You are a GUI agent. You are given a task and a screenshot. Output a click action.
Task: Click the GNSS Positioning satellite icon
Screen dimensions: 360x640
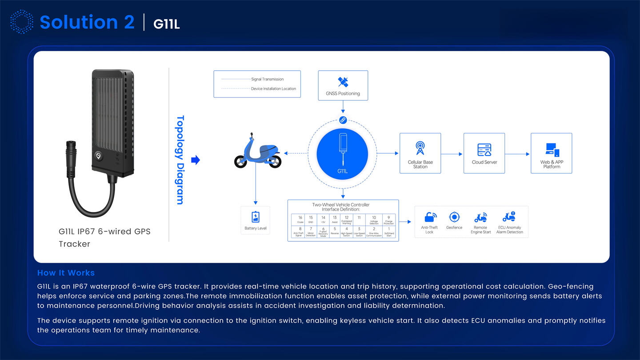click(x=343, y=82)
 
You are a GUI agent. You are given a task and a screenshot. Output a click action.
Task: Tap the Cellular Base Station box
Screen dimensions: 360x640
click(x=420, y=153)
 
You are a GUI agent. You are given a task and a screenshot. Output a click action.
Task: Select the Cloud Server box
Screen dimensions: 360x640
click(x=484, y=153)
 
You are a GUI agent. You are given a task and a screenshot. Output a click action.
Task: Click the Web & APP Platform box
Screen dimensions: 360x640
click(x=551, y=153)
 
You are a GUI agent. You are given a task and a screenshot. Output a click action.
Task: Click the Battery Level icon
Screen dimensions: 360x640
click(x=256, y=217)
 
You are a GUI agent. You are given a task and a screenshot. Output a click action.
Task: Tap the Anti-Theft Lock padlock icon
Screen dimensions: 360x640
click(x=430, y=217)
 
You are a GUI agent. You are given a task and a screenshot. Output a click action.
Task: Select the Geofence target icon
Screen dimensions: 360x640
click(x=454, y=217)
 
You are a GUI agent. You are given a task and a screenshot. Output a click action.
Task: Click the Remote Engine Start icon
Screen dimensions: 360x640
click(x=480, y=217)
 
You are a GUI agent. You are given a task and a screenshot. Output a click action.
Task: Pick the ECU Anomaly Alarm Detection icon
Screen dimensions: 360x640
click(x=509, y=217)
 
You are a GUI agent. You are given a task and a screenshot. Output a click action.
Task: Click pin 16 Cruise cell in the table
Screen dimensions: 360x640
click(x=300, y=220)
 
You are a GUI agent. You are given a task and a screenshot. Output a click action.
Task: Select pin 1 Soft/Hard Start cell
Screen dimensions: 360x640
click(x=388, y=232)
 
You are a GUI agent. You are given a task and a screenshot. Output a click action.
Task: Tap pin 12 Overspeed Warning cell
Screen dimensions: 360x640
click(x=347, y=220)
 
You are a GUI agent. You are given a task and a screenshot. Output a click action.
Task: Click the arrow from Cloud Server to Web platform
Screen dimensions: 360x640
click(x=517, y=154)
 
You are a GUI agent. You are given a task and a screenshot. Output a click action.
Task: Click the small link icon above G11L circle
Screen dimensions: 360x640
click(x=343, y=120)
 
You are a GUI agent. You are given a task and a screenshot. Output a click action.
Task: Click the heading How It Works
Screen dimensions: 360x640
click(x=66, y=273)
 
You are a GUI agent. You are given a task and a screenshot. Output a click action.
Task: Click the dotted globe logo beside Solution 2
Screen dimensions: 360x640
click(x=21, y=22)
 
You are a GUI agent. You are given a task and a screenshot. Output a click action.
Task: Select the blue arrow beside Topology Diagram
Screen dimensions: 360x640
click(x=195, y=160)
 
